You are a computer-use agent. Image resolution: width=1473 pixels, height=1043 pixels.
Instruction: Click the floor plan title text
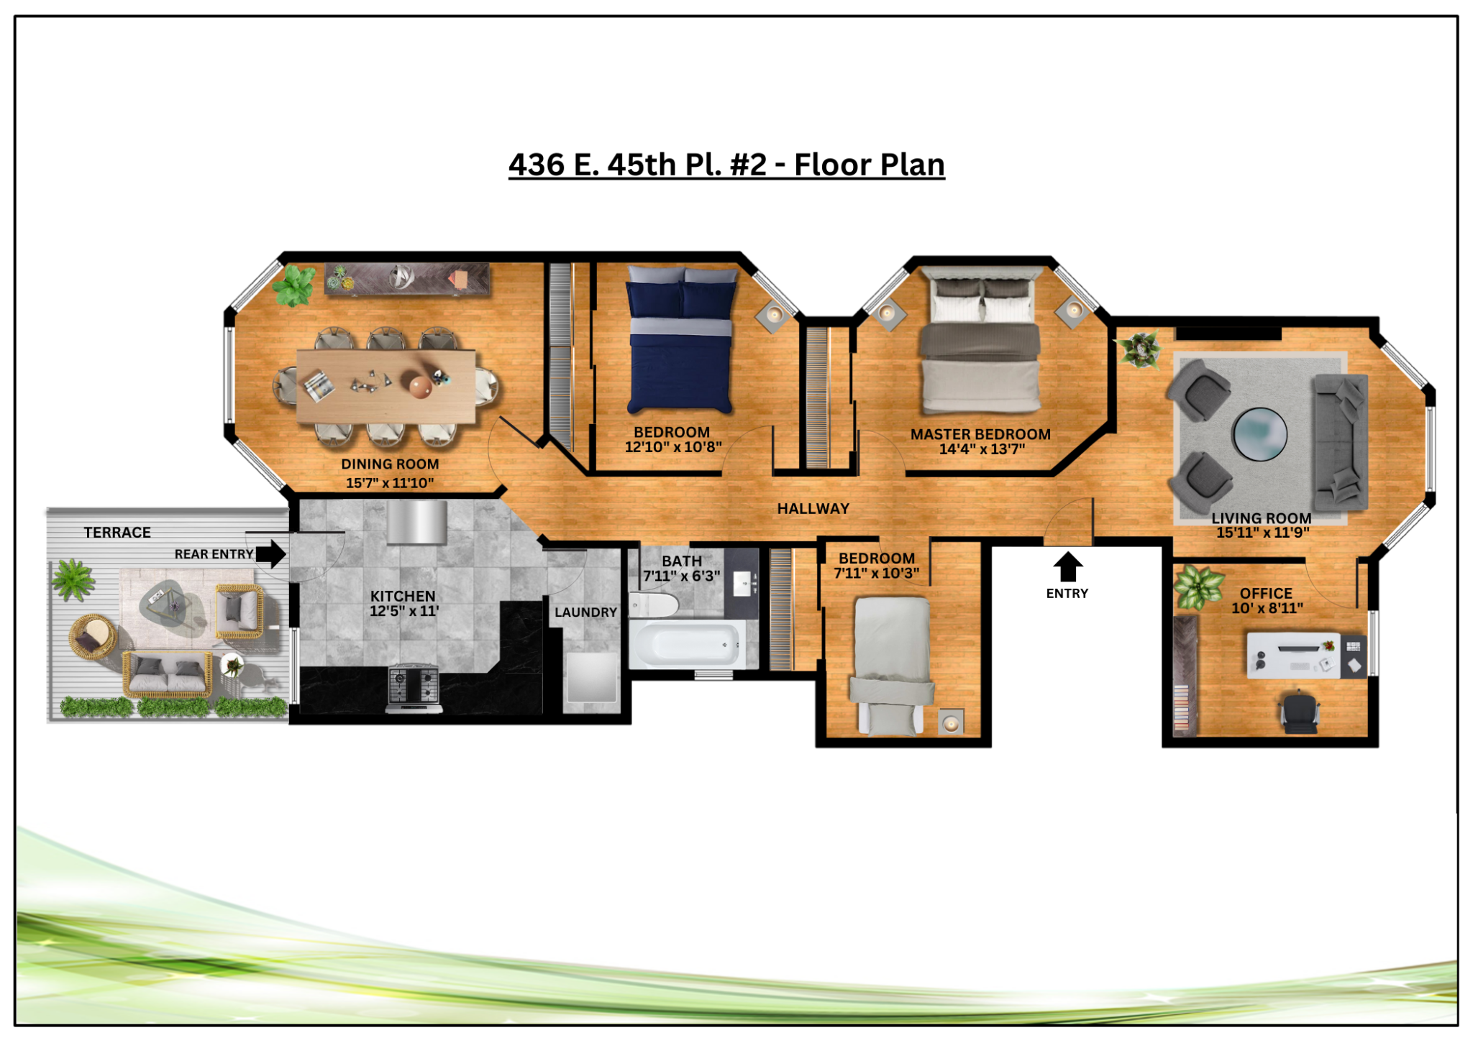pos(726,165)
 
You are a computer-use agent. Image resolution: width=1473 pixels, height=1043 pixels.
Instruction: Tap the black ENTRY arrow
pos(1068,566)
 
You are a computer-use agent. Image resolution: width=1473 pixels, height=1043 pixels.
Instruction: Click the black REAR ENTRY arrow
pos(271,554)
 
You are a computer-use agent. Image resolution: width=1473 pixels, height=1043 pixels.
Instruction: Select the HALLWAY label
pos(813,509)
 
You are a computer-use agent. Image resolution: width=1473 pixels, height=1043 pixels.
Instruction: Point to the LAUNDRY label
pos(585,612)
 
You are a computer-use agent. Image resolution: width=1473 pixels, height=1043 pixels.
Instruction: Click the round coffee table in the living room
pos(1259,434)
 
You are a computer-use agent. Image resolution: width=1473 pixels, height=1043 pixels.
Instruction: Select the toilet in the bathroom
pos(654,605)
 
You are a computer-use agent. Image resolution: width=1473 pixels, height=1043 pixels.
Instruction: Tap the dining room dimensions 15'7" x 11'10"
pos(390,483)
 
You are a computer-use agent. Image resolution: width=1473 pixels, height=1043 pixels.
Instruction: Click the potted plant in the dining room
pos(293,285)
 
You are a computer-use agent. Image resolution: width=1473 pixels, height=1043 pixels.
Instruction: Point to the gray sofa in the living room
pos(1341,442)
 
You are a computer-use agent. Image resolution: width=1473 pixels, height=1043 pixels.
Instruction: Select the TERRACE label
pos(117,533)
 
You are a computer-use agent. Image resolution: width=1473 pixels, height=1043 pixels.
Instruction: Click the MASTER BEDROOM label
pos(980,434)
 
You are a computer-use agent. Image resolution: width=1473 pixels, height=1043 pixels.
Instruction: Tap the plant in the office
pos(1198,587)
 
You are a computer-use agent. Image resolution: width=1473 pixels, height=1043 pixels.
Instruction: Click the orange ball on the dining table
pos(420,387)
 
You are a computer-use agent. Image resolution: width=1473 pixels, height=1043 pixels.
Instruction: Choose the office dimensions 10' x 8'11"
pos(1267,608)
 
